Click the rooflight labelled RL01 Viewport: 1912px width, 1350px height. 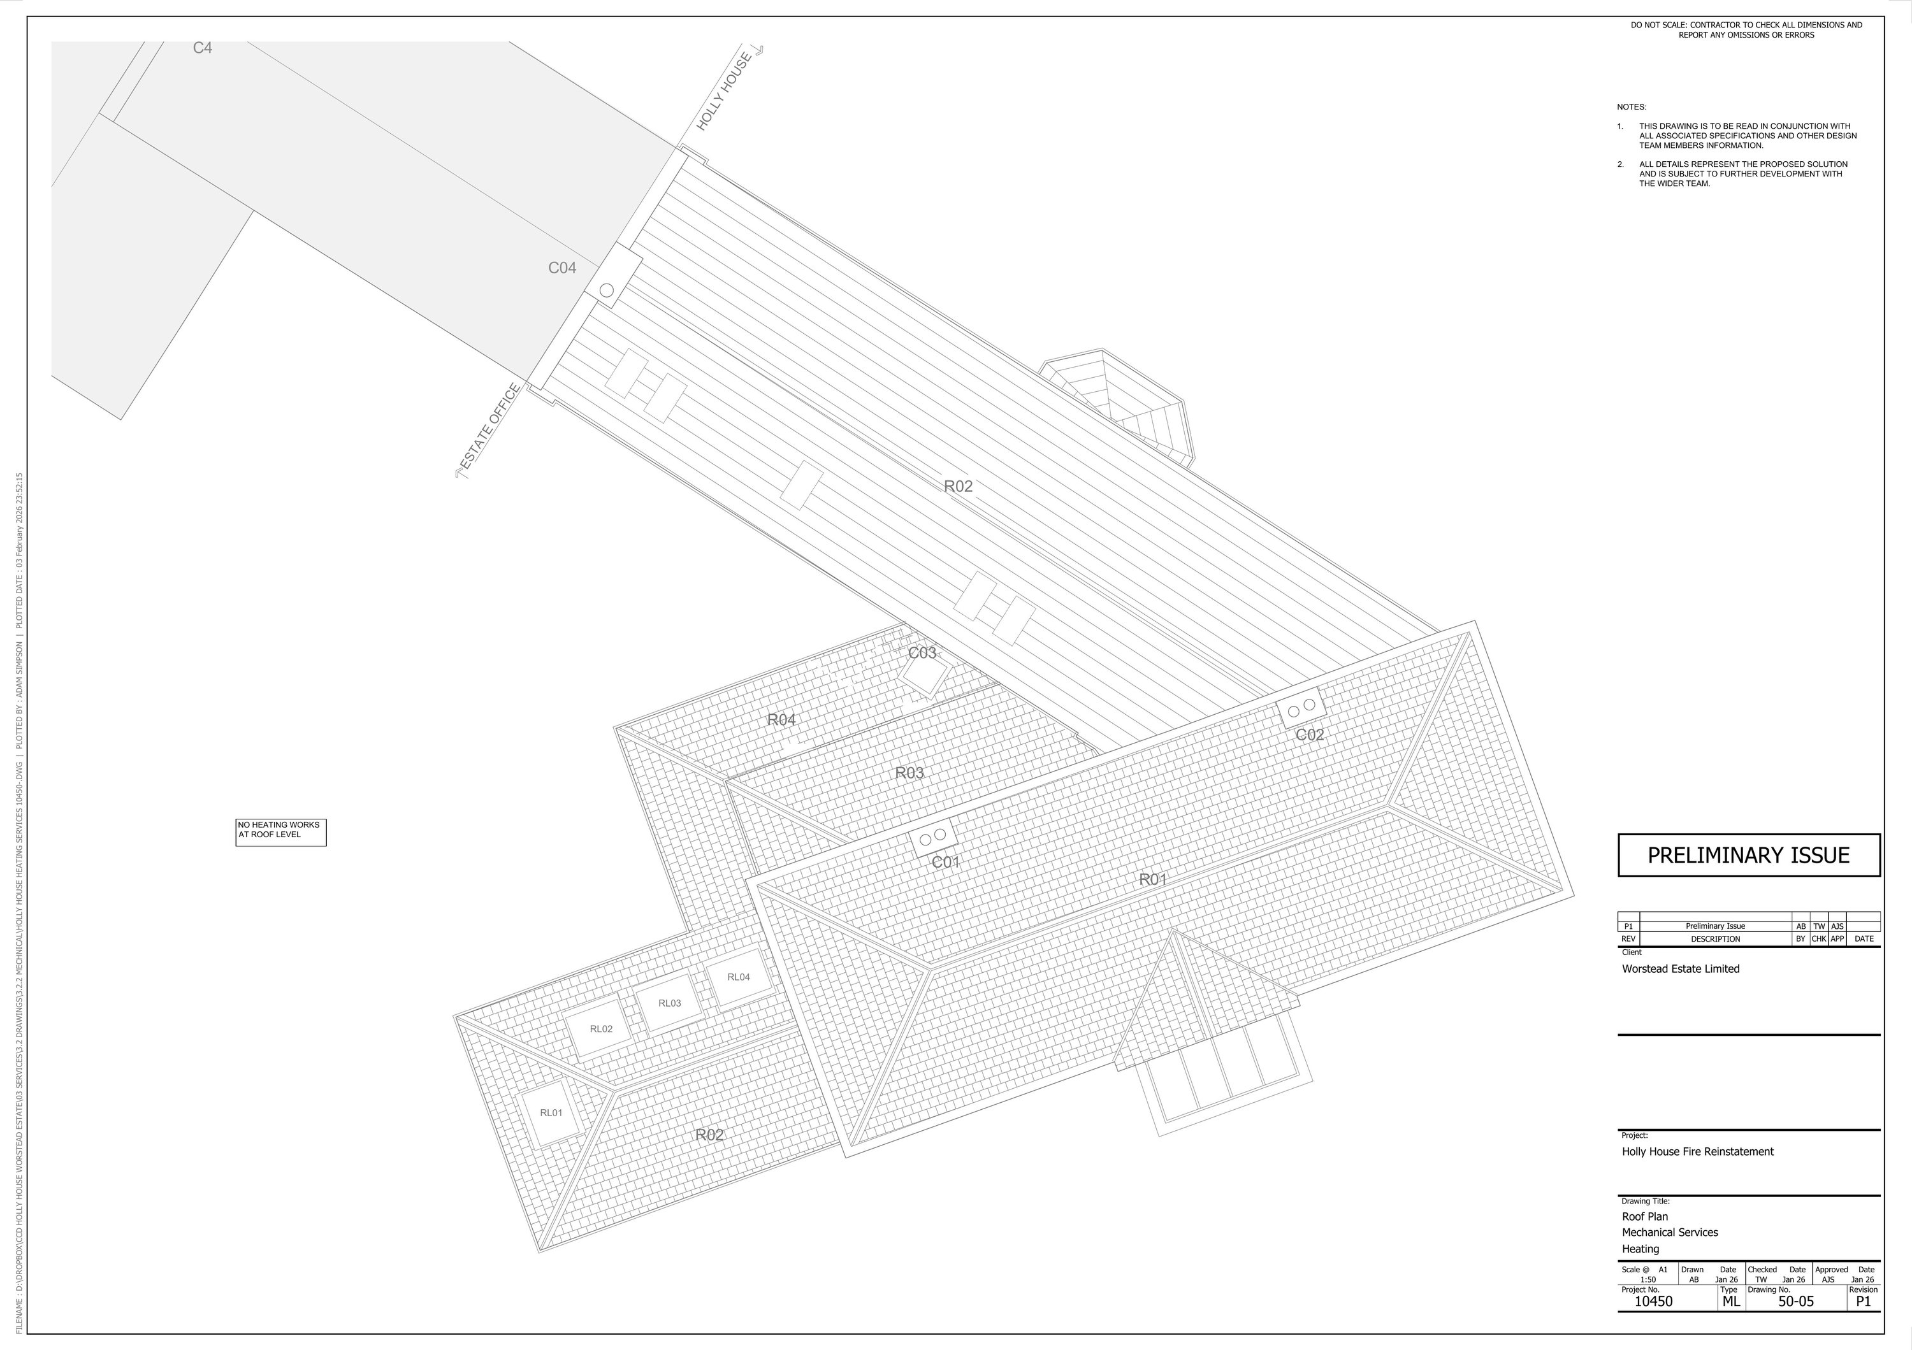551,1113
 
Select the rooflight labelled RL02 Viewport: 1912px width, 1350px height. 600,1029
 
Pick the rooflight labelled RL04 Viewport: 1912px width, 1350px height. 739,977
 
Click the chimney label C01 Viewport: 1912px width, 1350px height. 945,862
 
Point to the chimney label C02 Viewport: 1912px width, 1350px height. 1309,735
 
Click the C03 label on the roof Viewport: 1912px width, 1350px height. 922,652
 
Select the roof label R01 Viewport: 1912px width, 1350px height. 1152,879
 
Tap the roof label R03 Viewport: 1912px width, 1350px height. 909,773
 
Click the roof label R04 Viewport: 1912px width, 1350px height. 781,720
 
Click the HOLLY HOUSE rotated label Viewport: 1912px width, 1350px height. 725,92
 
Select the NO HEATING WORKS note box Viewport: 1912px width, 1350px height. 280,831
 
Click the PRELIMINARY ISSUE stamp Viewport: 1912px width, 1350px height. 1748,856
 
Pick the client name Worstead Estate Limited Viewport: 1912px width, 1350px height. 1681,969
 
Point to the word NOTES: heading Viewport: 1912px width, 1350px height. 1632,108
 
